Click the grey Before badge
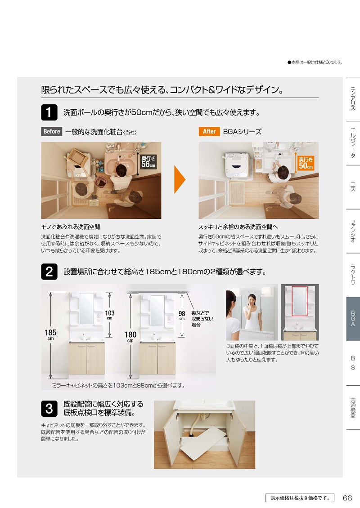(x=52, y=131)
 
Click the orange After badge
(x=209, y=131)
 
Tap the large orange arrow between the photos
(x=180, y=179)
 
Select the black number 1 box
(x=49, y=112)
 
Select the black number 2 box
(x=49, y=272)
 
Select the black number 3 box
(x=49, y=409)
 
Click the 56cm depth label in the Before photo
(x=148, y=162)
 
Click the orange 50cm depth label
(x=306, y=163)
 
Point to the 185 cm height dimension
(x=50, y=334)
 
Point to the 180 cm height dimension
(x=130, y=337)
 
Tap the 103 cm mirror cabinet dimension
(x=110, y=315)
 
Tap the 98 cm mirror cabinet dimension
(x=182, y=315)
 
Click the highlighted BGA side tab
(x=353, y=319)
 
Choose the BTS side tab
(x=353, y=363)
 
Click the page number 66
(x=347, y=498)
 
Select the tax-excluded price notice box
(x=300, y=498)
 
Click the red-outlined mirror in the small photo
(x=300, y=301)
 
